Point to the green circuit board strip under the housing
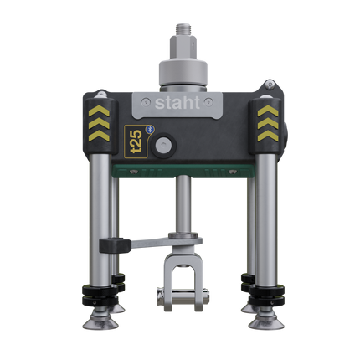point(181,172)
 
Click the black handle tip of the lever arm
point(110,245)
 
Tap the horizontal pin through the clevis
point(180,294)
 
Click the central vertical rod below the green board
point(180,205)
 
